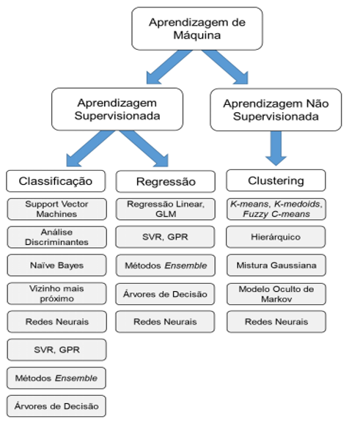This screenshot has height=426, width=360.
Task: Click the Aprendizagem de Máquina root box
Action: coord(197,29)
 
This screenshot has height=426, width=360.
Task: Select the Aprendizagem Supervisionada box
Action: coord(117,109)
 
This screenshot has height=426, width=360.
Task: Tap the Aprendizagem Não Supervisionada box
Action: coord(276,109)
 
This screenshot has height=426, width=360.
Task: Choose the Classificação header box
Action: coord(56,181)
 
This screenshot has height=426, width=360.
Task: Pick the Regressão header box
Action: coord(166,182)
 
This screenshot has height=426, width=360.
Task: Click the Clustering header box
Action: coord(276,180)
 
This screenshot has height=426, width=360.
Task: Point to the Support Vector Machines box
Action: coord(56,209)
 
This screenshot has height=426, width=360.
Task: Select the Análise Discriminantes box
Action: coord(56,237)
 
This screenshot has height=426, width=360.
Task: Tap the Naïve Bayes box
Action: coord(56,265)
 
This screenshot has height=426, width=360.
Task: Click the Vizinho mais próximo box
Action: coord(56,293)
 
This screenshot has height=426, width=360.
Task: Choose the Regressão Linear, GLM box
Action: coord(166,209)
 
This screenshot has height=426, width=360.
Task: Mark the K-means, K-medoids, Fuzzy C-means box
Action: coord(276,209)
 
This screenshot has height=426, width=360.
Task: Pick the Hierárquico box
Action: coord(276,237)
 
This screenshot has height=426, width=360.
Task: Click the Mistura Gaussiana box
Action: coord(276,265)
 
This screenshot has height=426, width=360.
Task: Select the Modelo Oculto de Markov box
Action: coord(276,294)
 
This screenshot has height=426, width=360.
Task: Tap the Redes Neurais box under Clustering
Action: coord(276,322)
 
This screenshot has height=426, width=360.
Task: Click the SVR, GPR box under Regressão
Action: coord(165,237)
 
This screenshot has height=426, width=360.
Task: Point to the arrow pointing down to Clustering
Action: coord(276,148)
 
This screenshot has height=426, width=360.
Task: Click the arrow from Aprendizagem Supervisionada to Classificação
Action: coord(90,148)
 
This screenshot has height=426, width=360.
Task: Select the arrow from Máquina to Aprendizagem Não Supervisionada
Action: coord(225,67)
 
